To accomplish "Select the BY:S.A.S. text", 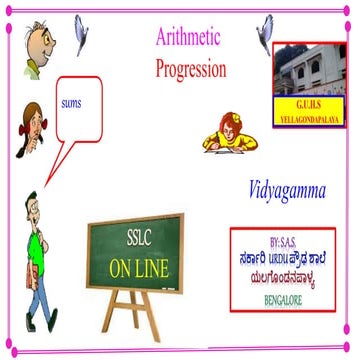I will point(288,243).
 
